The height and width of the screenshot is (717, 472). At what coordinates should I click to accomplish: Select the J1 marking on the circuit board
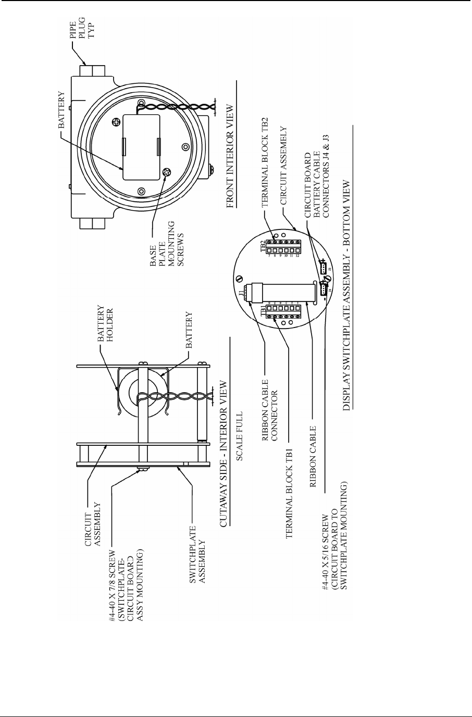pyautogui.click(x=240, y=293)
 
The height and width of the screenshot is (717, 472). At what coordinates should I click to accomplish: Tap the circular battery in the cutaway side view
pyautogui.click(x=141, y=394)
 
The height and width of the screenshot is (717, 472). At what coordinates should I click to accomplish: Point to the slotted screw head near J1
pyautogui.click(x=239, y=278)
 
